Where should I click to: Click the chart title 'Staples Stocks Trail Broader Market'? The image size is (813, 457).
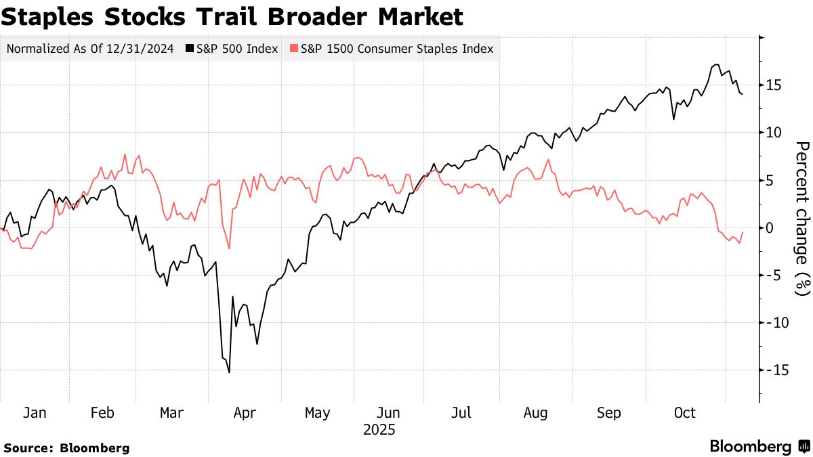click(x=232, y=17)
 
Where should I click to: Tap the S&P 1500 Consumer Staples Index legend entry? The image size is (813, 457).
click(x=393, y=49)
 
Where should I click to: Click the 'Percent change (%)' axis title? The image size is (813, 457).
click(x=802, y=219)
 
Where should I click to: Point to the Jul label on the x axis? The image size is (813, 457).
click(x=461, y=413)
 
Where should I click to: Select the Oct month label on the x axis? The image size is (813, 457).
click(x=684, y=413)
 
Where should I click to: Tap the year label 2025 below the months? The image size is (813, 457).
click(x=379, y=430)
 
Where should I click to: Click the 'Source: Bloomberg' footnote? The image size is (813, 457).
click(x=66, y=448)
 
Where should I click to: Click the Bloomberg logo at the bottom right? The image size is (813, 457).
click(x=759, y=447)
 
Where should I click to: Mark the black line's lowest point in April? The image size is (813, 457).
click(x=230, y=372)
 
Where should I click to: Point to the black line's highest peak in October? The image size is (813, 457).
click(x=716, y=65)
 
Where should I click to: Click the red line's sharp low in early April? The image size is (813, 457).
click(x=230, y=248)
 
